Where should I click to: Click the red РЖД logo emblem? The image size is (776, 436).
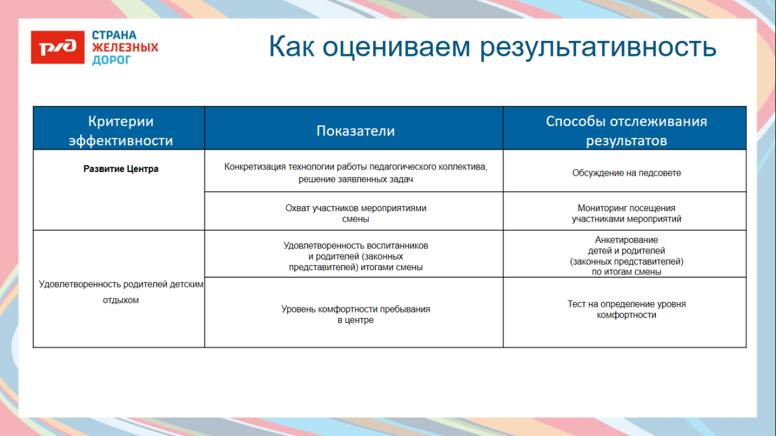pos(58,48)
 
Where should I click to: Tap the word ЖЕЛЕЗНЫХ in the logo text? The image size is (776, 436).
pos(125,48)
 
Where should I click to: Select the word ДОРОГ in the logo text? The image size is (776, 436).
pos(112,60)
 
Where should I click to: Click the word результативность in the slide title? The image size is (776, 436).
pos(598,47)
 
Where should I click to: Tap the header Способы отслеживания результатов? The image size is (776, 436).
pos(626,131)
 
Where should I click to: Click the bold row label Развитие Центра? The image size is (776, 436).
pos(121,169)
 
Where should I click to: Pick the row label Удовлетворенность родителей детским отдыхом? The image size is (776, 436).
pos(121,292)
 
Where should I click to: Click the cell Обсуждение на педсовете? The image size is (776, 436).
pos(626,173)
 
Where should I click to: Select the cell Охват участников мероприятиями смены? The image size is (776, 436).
pos(355,214)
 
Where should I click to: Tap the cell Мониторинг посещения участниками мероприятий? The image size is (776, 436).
pos(626,214)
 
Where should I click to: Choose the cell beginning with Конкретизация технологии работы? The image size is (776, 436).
pos(355,173)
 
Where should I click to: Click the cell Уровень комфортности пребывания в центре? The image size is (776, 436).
pos(355,314)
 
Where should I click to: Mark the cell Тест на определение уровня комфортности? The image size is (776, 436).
pos(626,309)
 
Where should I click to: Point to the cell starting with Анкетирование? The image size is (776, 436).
pos(626,255)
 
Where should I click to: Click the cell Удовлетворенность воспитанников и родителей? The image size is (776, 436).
pos(355,256)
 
